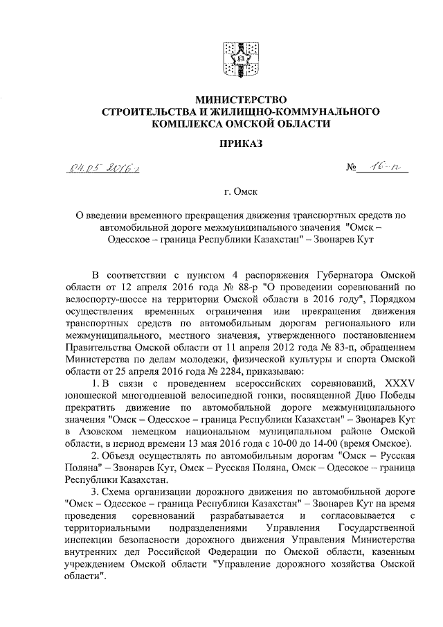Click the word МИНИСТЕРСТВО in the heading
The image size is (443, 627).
pyautogui.click(x=240, y=100)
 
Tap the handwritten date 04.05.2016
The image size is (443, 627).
pyautogui.click(x=101, y=168)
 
